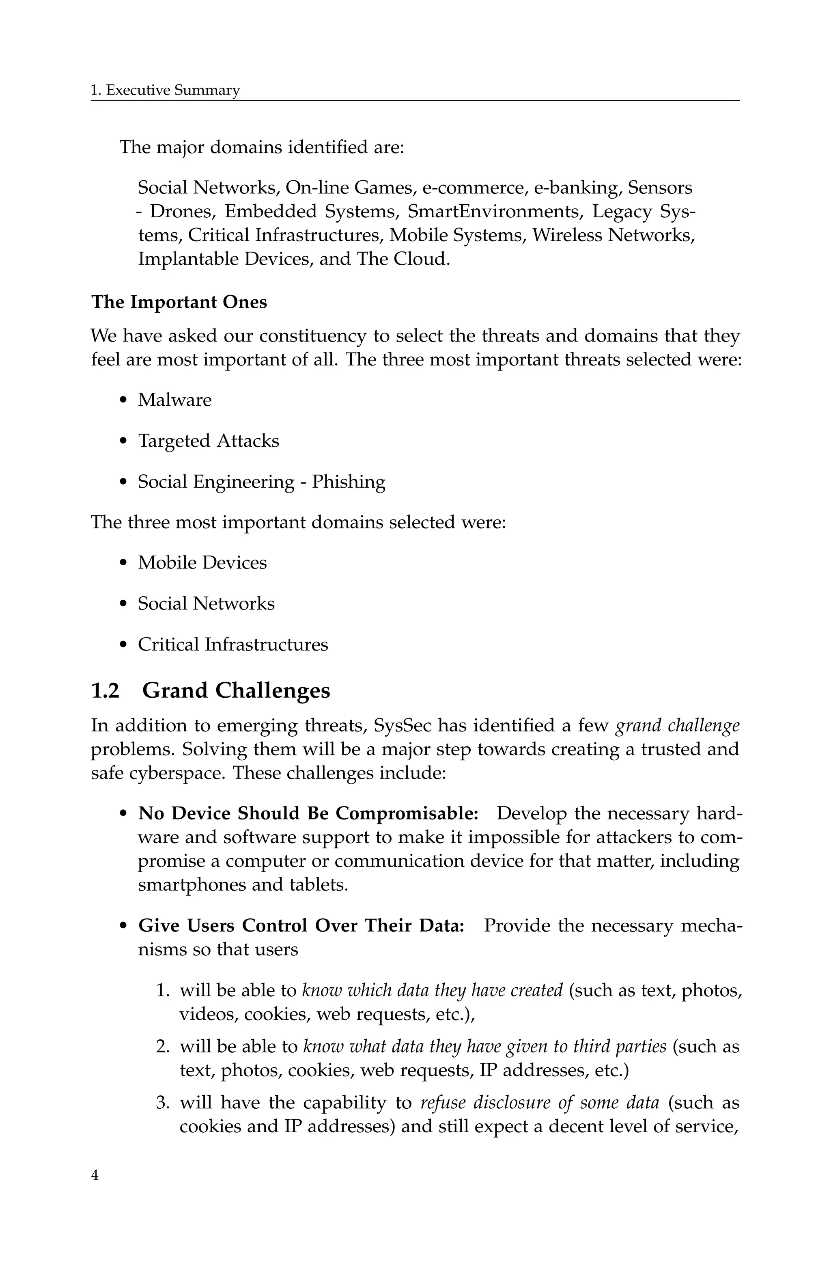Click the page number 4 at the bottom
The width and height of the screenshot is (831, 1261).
(x=95, y=1175)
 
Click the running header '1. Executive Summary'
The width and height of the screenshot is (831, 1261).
(x=166, y=90)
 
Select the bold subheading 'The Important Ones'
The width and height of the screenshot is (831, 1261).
(x=179, y=302)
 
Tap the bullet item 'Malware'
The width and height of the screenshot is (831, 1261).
(x=174, y=400)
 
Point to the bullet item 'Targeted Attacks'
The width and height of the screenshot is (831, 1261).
(x=208, y=441)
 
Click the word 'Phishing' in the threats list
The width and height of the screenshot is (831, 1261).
(x=348, y=482)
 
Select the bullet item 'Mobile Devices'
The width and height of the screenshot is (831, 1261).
(x=202, y=562)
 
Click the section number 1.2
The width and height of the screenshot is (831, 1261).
(x=105, y=690)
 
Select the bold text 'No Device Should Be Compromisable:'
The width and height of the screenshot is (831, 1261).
(x=308, y=813)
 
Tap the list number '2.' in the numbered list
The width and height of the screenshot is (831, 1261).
(x=163, y=1046)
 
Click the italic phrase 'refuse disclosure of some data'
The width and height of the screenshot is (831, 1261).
(x=540, y=1103)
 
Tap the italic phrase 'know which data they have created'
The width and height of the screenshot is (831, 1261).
(x=432, y=990)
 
